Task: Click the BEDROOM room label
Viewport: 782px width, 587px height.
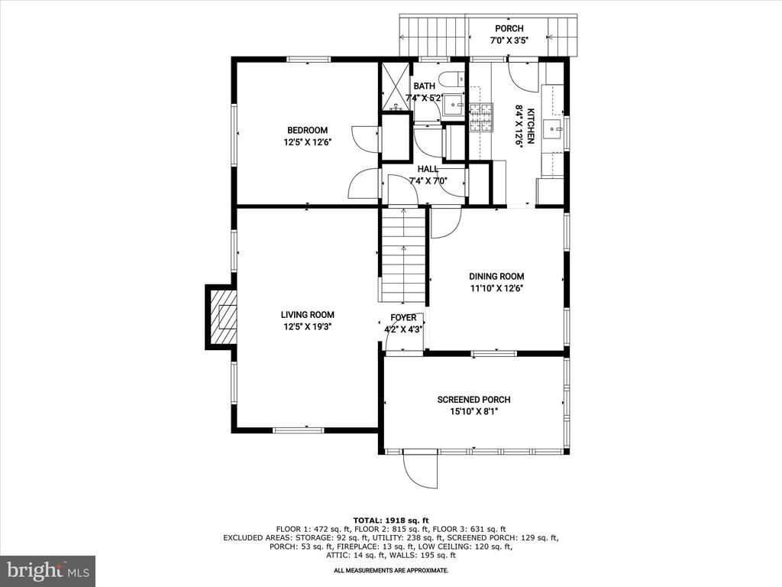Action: pos(307,131)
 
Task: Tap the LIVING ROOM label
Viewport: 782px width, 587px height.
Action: pos(307,315)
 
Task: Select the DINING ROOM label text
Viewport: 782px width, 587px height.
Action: pos(496,277)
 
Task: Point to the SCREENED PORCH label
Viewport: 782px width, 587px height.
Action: pos(473,400)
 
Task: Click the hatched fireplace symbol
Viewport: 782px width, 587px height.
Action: pos(222,317)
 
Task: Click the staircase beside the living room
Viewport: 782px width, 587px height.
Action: pos(403,255)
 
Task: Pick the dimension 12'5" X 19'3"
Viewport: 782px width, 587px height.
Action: pos(307,327)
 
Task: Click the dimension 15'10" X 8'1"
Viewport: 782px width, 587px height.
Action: pos(473,412)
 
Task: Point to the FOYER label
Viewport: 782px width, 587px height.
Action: pos(403,318)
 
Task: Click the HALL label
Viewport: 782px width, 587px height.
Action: pos(428,169)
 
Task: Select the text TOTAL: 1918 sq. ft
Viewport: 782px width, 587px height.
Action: pos(391,520)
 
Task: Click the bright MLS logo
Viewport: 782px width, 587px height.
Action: pos(48,570)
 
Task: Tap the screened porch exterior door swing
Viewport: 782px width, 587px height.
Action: pos(420,469)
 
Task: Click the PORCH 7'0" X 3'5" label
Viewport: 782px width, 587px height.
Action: pos(509,35)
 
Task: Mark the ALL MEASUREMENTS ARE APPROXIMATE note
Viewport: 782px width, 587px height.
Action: pos(391,570)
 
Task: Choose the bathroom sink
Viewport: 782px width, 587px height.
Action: pos(454,104)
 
